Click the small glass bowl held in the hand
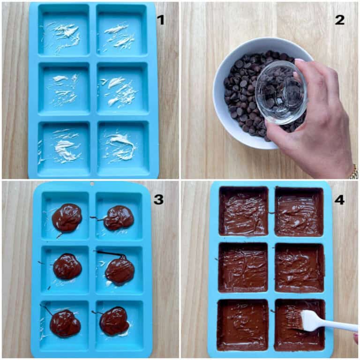pyautogui.click(x=281, y=92)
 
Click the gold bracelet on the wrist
pyautogui.click(x=353, y=172)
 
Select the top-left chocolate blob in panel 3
pyautogui.click(x=67, y=217)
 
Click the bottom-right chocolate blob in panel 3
pyautogui.click(x=114, y=321)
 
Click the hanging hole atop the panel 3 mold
pyautogui.click(x=92, y=184)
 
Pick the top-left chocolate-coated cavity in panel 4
pyautogui.click(x=243, y=210)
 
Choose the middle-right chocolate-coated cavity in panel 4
pyautogui.click(x=299, y=268)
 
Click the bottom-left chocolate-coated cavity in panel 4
pyautogui.click(x=242, y=324)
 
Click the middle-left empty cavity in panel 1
pyautogui.click(x=64, y=89)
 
